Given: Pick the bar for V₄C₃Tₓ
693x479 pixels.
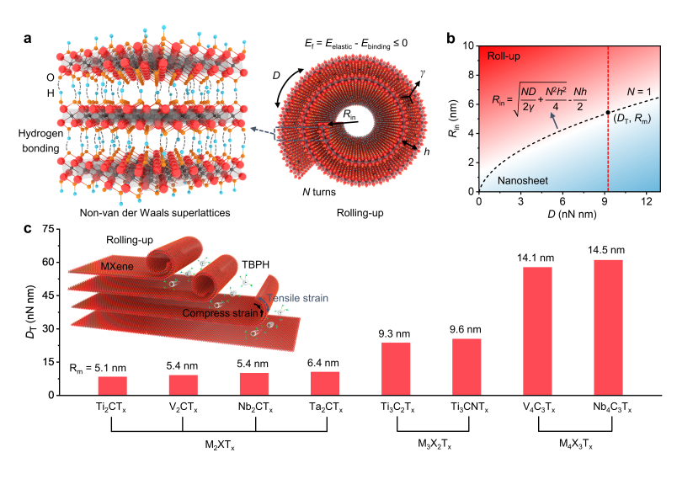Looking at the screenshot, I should click(537, 331).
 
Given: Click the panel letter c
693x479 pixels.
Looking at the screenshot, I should click(28, 229).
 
